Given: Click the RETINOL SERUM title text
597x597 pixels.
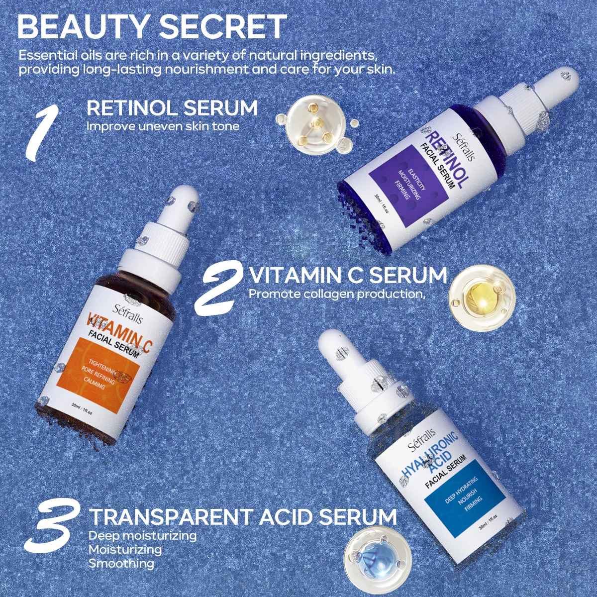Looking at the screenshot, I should [x=172, y=108].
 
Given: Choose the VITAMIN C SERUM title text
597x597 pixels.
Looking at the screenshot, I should [x=348, y=275].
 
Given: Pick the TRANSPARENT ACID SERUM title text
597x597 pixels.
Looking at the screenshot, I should [x=243, y=517].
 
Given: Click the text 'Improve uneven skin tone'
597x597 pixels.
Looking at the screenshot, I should [x=163, y=126].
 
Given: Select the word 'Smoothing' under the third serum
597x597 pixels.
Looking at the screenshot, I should [x=121, y=564].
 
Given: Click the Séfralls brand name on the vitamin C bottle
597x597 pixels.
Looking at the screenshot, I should [x=121, y=311].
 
